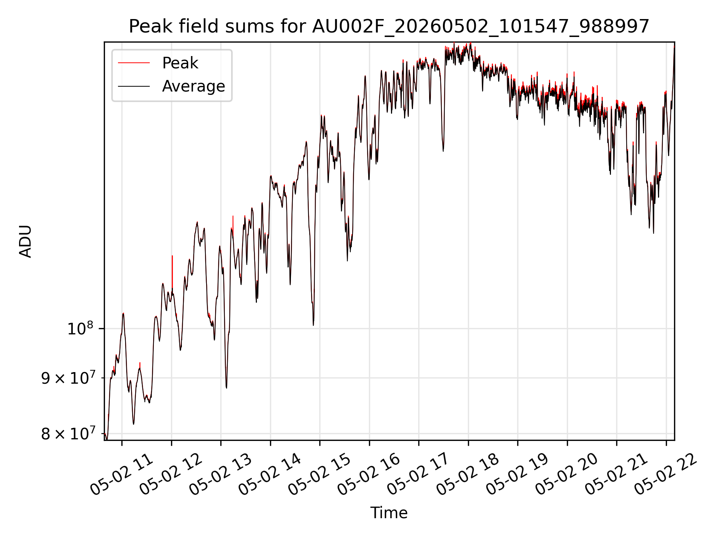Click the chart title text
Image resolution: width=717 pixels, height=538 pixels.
click(x=389, y=27)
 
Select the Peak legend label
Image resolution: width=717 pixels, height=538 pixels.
click(x=180, y=63)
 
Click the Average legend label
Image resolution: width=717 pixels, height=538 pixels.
click(x=193, y=86)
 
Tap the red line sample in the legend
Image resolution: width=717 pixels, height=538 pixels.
click(x=134, y=63)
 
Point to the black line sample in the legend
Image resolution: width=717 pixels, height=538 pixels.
click(x=134, y=86)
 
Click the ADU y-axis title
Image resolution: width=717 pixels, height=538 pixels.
click(x=25, y=241)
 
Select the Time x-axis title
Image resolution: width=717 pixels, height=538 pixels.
click(x=389, y=513)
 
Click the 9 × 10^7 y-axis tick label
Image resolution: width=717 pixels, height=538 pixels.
click(x=68, y=378)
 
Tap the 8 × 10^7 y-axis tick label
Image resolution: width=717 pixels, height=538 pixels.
click(x=68, y=434)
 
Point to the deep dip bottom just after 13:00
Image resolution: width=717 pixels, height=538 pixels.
click(x=226, y=387)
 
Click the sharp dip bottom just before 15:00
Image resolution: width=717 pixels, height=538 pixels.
click(x=313, y=325)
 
